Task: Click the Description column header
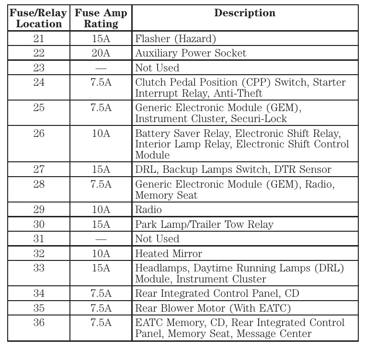[244, 13]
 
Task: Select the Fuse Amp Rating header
[101, 18]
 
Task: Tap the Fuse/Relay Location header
[38, 18]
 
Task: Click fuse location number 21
[38, 39]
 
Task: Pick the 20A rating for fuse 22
[101, 53]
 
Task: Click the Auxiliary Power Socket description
[190, 53]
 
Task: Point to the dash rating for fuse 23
[101, 68]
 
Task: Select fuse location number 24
[38, 82]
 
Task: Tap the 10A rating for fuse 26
[101, 133]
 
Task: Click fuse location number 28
[38, 184]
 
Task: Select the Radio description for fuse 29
[148, 210]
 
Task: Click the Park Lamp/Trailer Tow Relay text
[204, 225]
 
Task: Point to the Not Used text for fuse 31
[157, 239]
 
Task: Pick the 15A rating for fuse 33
[101, 268]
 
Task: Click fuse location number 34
[38, 293]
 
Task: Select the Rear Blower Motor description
[213, 308]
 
